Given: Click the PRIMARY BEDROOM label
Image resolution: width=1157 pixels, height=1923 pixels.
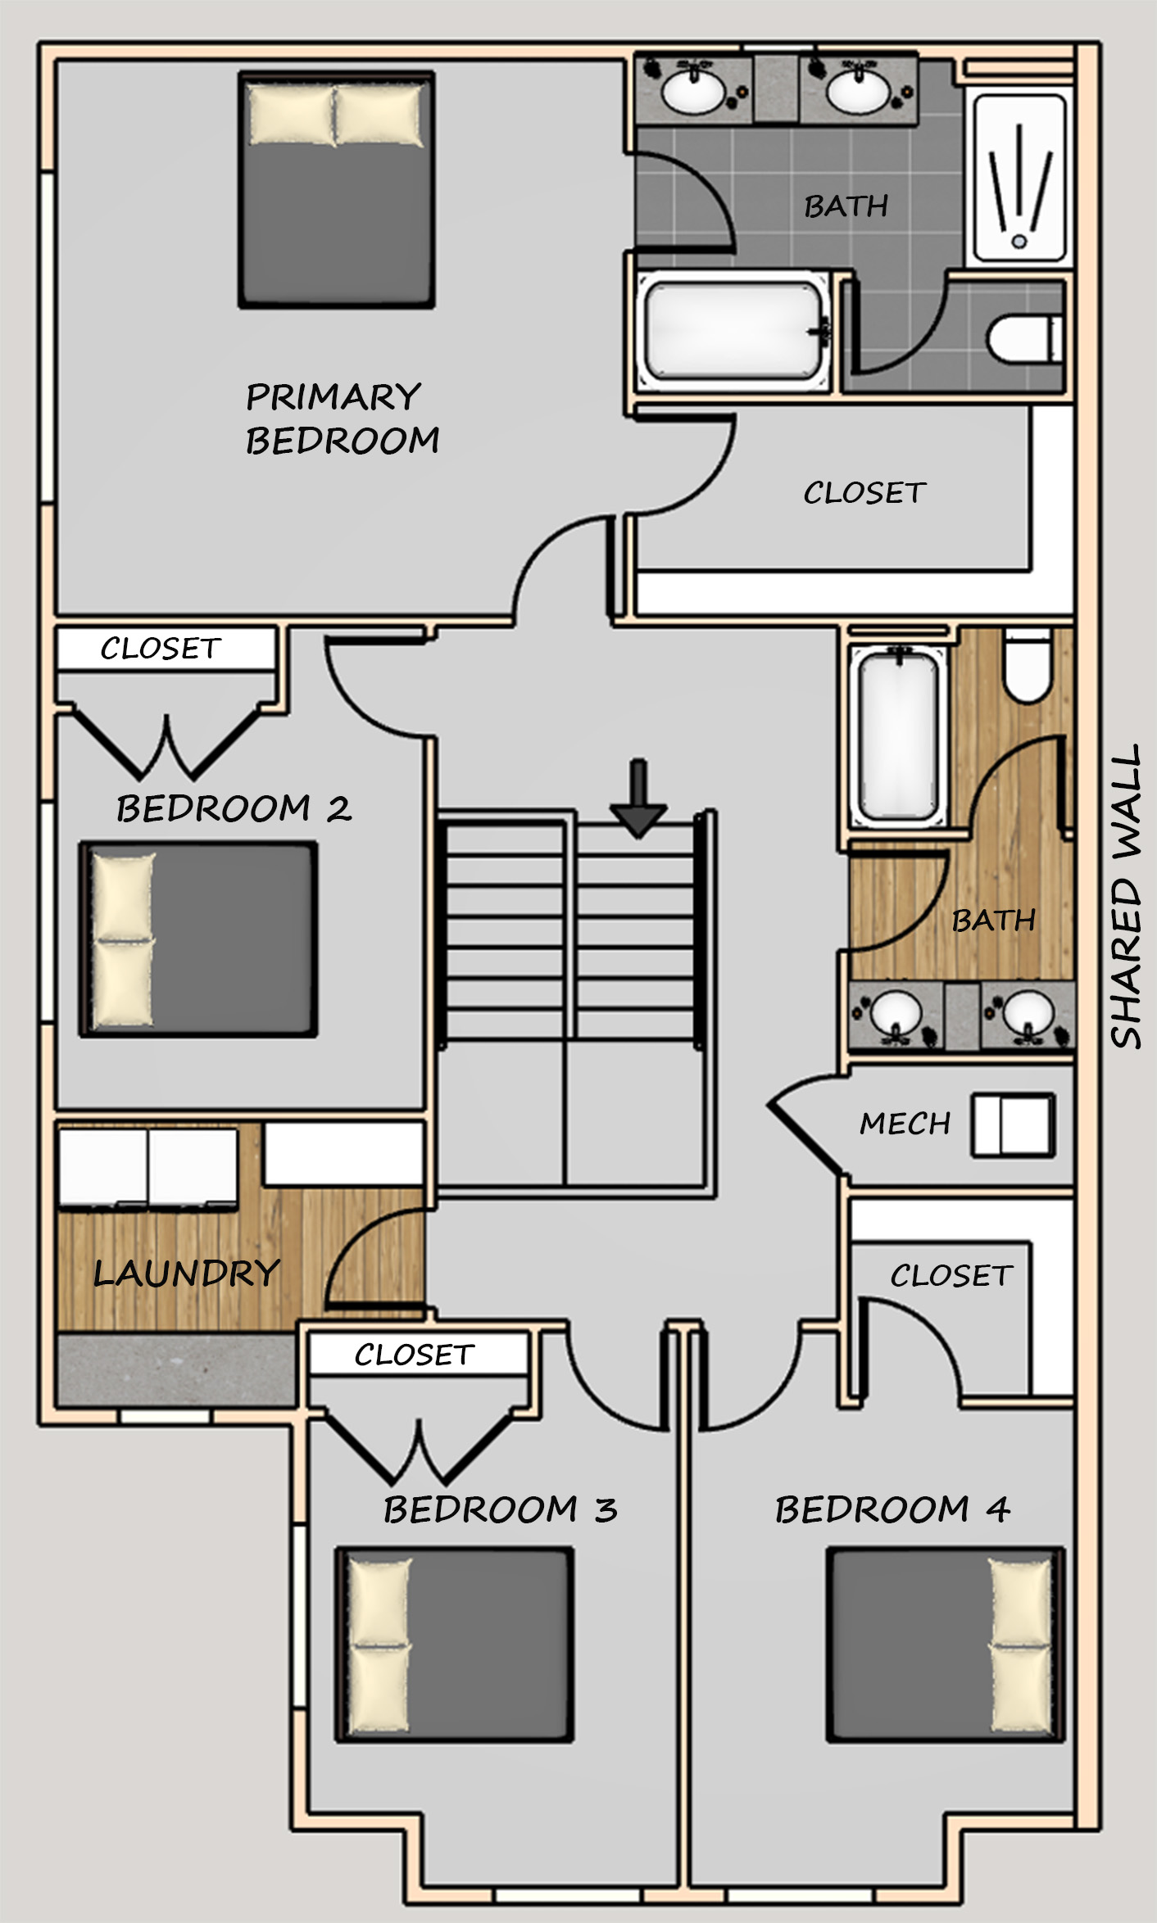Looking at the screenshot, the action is point(343,419).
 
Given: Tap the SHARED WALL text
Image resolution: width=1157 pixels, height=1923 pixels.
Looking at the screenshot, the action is point(1126,896).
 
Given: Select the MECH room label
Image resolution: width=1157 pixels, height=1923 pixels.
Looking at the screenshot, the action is point(905,1123).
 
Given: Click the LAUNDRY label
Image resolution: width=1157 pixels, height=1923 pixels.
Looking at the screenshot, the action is point(187,1273).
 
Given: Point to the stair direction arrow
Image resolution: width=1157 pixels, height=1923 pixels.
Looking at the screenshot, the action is point(638,799).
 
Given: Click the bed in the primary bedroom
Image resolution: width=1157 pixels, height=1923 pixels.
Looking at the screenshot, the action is point(336,190).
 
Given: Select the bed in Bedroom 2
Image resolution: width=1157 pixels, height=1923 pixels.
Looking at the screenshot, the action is point(198,939).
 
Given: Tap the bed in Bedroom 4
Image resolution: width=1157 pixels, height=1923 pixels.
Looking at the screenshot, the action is point(946,1644).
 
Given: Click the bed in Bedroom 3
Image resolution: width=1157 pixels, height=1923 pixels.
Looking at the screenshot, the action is point(454,1644).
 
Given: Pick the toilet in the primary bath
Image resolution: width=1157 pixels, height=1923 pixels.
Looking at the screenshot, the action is point(1026,338).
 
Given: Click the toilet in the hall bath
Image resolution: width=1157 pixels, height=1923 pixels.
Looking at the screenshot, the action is point(1028,665).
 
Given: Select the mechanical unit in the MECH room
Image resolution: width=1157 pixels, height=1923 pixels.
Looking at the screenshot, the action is point(1014,1125).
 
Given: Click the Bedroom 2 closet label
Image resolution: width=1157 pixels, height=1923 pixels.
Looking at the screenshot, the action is point(161,649).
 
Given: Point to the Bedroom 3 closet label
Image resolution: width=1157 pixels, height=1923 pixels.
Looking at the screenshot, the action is point(415,1355).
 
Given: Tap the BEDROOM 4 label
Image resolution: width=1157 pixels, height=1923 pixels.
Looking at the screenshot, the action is point(892,1509).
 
